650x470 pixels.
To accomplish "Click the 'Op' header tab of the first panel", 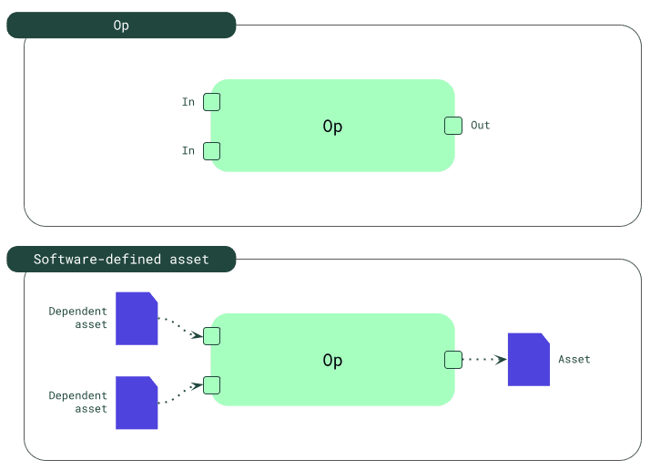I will [x=121, y=26].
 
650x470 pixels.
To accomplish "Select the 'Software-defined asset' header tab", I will [x=121, y=260].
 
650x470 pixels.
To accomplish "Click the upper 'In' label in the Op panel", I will [x=188, y=102].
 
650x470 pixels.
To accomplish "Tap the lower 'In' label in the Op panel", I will [x=188, y=150].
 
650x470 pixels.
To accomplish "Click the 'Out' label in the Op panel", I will [x=480, y=125].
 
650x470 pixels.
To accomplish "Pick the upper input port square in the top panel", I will [x=211, y=102].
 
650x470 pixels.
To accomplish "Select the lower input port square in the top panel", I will [x=211, y=150].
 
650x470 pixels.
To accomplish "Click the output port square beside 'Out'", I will [x=452, y=126].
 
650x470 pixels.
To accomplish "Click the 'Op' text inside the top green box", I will [x=332, y=127].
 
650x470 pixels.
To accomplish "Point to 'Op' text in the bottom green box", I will [x=332, y=361].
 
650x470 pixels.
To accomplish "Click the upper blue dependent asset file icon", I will [x=137, y=319].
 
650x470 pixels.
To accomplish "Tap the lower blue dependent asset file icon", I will [x=137, y=403].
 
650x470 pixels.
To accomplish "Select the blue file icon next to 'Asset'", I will [x=528, y=360].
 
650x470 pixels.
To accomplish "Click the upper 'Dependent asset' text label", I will [x=78, y=317].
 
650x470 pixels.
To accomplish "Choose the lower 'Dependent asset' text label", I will [x=78, y=402].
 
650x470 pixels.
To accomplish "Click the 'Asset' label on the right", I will [x=574, y=360].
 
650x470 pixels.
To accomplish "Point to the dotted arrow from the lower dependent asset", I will [x=179, y=394].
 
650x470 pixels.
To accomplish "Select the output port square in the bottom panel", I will [x=452, y=360].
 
